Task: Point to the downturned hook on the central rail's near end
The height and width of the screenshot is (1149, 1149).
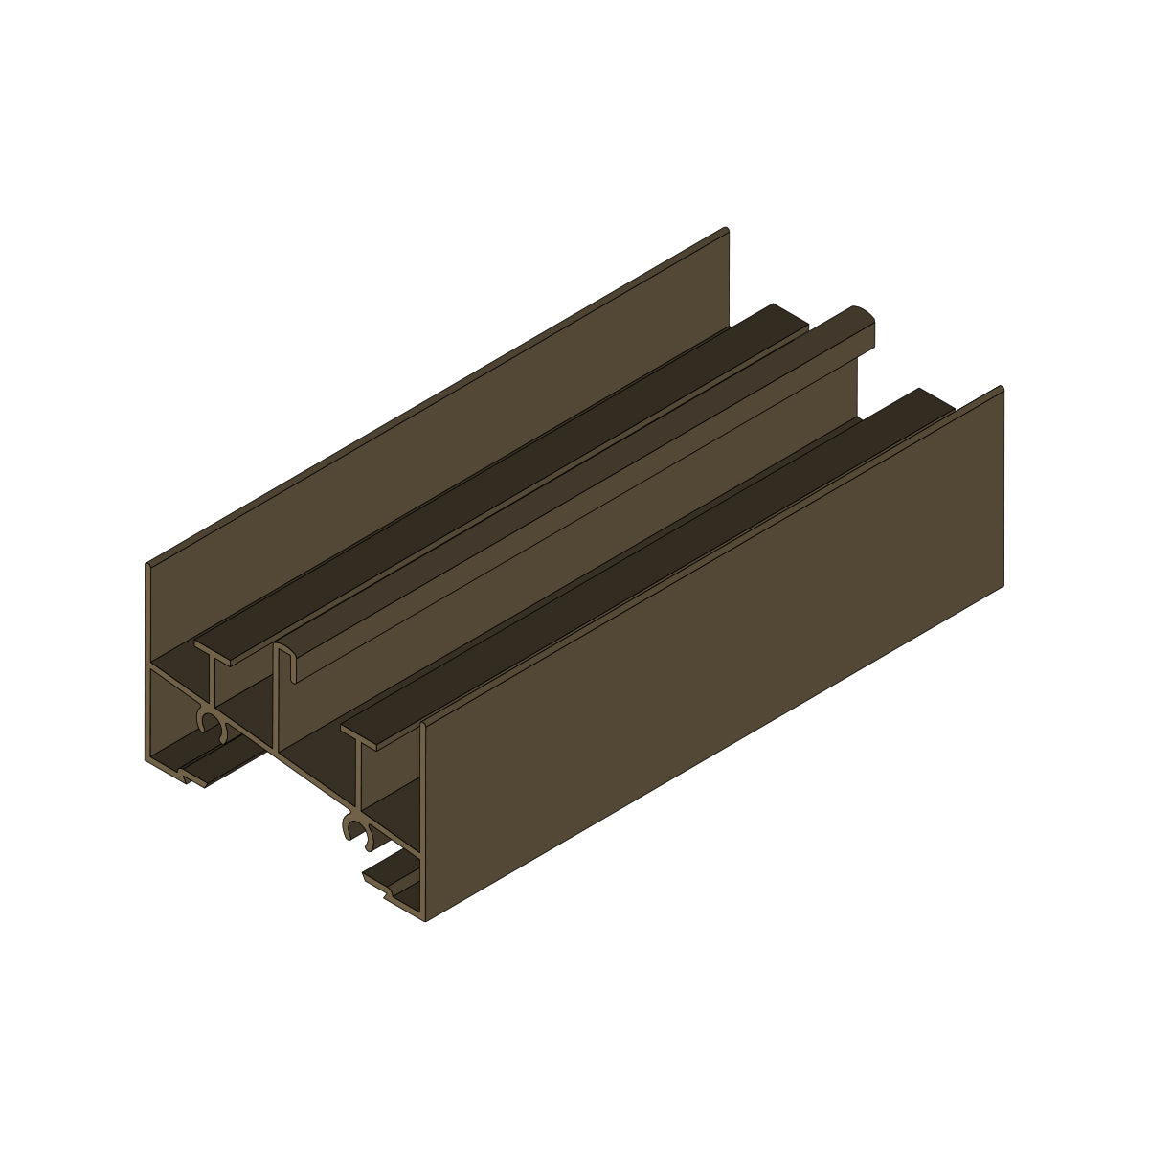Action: [x=295, y=670]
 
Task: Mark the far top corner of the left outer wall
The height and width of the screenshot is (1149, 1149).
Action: [x=726, y=231]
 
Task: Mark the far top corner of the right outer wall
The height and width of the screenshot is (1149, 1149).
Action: [x=1001, y=389]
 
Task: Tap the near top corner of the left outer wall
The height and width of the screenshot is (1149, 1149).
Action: [x=148, y=566]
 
